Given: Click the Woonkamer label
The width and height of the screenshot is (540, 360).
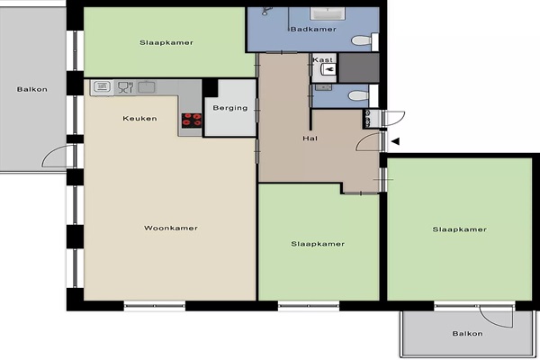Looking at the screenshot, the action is [x=171, y=228].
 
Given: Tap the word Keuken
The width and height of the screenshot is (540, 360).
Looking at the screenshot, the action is [x=139, y=119].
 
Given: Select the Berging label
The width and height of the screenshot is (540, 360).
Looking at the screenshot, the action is [x=230, y=108].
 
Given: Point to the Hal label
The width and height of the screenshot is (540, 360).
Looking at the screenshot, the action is [x=310, y=139].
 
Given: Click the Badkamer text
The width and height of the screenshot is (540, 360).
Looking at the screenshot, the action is [x=313, y=30].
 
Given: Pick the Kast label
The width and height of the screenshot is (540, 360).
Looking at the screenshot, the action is [x=323, y=60].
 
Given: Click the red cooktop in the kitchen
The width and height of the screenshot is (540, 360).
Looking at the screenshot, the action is [x=192, y=121].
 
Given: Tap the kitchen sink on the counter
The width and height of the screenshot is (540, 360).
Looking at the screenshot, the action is [x=147, y=86].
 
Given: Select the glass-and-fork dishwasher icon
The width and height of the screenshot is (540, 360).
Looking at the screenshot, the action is [x=125, y=87].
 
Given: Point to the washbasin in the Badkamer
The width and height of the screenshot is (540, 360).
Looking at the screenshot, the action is [x=328, y=13].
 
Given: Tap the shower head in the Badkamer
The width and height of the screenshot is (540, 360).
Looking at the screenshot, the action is [x=265, y=11].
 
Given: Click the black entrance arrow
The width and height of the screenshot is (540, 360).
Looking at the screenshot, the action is [x=395, y=141].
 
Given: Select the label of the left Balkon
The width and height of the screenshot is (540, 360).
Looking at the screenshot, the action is [x=32, y=90].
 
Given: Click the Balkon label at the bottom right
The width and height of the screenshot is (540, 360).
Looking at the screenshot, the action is [x=467, y=334].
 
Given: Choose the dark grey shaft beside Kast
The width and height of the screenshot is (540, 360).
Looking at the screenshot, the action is [x=359, y=67].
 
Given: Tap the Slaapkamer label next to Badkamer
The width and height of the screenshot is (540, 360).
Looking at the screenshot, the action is [x=166, y=42].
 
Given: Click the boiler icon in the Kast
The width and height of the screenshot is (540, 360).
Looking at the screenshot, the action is [x=328, y=70].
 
